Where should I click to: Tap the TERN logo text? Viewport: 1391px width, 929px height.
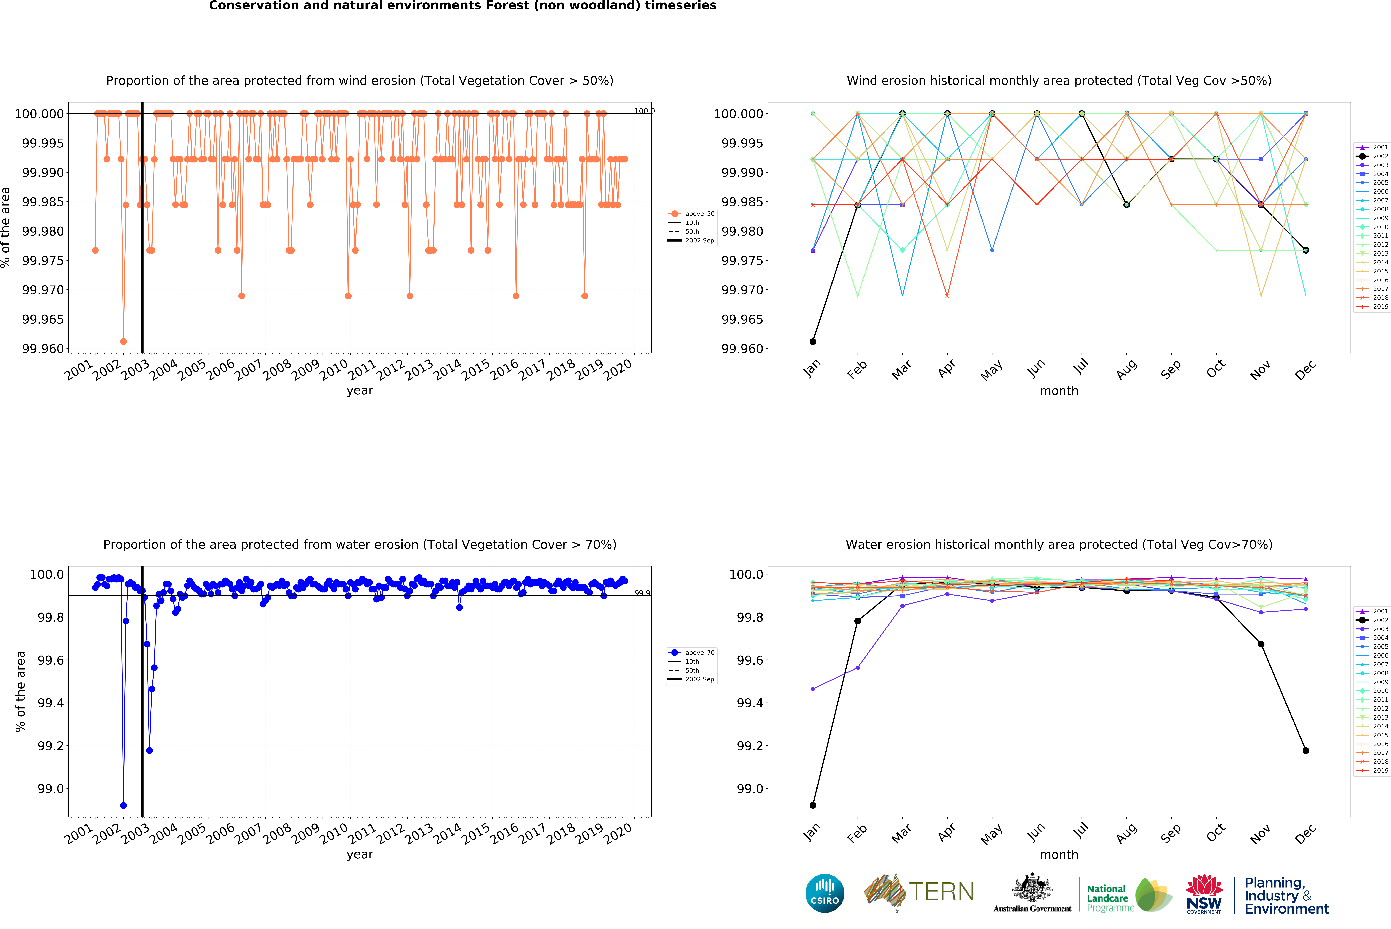[941, 892]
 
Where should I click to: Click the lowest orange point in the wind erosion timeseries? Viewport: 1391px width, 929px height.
[123, 341]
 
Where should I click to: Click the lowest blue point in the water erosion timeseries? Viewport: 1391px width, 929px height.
[123, 805]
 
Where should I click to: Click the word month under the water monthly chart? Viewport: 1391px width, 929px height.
[1059, 854]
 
